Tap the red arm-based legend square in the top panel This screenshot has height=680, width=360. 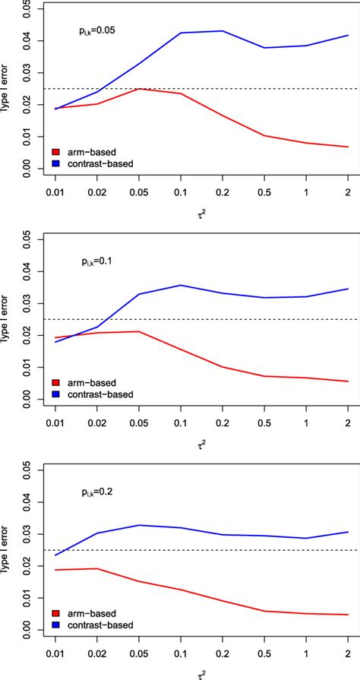(x=55, y=151)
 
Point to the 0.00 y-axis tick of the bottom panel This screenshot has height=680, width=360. (x=27, y=629)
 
